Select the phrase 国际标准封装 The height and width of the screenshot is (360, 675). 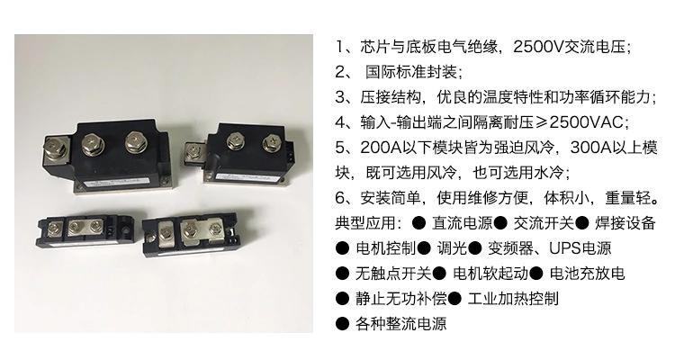pyautogui.click(x=411, y=72)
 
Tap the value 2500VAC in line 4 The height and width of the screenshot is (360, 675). pyautogui.click(x=586, y=122)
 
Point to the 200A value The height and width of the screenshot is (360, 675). pyautogui.click(x=381, y=148)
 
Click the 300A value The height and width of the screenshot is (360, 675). pyautogui.click(x=591, y=148)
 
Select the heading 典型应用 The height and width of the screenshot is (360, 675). pyautogui.click(x=365, y=223)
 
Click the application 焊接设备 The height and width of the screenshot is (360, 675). pyautogui.click(x=625, y=223)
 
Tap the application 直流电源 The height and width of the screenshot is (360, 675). pyautogui.click(x=463, y=223)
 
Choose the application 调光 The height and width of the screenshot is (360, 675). pyautogui.click(x=452, y=248)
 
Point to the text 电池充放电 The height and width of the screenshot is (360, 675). pyautogui.click(x=587, y=274)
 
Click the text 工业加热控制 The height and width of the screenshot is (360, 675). pyautogui.click(x=513, y=299)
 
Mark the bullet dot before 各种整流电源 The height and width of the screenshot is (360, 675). pyautogui.click(x=342, y=324)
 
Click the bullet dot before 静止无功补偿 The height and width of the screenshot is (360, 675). pyautogui.click(x=342, y=299)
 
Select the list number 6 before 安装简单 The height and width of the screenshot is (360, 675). pyautogui.click(x=340, y=198)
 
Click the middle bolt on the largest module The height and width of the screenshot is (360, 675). pyautogui.click(x=92, y=144)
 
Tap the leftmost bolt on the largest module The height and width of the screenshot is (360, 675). pyautogui.click(x=57, y=148)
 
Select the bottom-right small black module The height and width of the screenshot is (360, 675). pyautogui.click(x=190, y=235)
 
